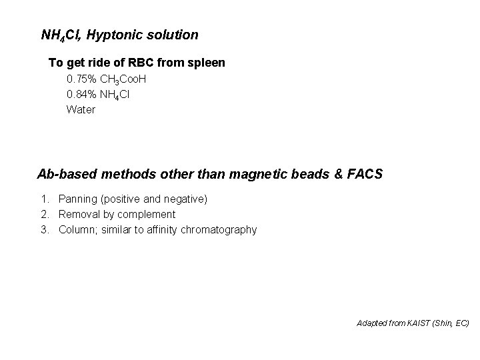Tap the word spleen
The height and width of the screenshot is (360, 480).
click(207, 63)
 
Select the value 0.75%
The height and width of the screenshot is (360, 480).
click(81, 79)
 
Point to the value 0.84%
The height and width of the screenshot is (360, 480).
click(81, 95)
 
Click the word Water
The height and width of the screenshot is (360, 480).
click(81, 109)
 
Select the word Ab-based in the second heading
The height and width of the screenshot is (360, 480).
click(66, 175)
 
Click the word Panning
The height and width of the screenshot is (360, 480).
click(79, 199)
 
